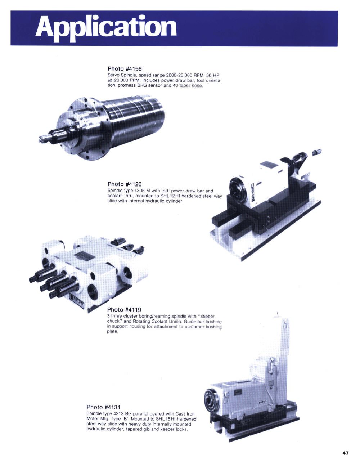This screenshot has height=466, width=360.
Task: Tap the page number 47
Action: click(x=346, y=453)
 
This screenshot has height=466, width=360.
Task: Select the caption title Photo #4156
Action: click(x=125, y=69)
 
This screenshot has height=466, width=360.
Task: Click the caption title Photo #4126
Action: click(x=125, y=184)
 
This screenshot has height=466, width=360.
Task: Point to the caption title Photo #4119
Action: click(x=124, y=310)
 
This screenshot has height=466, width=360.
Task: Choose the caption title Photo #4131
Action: click(x=103, y=407)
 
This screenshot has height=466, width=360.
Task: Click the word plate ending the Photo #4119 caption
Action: click(x=112, y=332)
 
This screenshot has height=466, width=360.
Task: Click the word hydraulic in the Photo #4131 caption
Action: click(x=95, y=429)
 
